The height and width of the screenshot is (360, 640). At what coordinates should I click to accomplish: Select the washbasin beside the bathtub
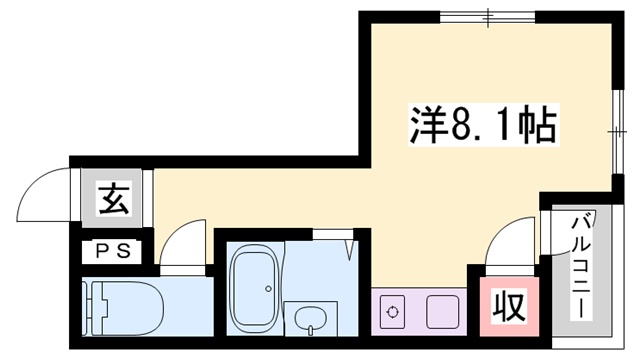[310, 318]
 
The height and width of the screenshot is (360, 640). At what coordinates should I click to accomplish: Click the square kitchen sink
[441, 311]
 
